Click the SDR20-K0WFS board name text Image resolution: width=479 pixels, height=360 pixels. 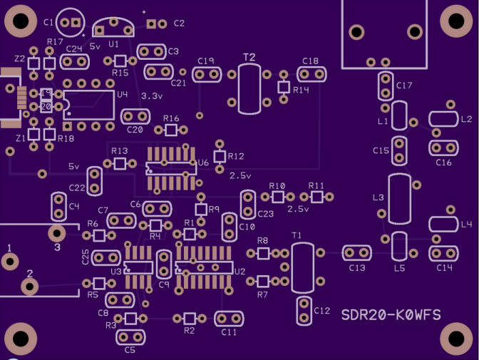tap(390, 315)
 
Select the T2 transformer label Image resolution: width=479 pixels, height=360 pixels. tap(249, 56)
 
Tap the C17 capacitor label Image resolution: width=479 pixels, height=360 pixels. tap(404, 86)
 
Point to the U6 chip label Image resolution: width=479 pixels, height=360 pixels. tap(203, 163)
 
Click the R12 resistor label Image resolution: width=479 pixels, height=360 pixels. tap(236, 156)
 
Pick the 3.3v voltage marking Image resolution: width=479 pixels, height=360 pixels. tap(152, 96)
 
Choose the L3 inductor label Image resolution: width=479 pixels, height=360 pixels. tap(378, 197)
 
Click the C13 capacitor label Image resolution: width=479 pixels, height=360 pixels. tap(356, 268)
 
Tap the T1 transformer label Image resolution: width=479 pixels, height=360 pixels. tap(297, 235)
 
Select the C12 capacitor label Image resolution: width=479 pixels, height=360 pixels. tap(322, 311)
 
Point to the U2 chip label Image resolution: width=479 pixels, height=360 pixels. tap(239, 272)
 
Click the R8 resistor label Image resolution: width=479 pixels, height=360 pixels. tap(262, 241)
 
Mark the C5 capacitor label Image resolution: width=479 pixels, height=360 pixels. tap(130, 350)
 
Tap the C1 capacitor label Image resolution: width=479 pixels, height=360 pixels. tap(48, 22)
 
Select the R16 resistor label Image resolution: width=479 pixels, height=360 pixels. tap(171, 118)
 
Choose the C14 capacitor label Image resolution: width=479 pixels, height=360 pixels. tap(444, 268)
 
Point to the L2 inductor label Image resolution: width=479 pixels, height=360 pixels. tap(467, 119)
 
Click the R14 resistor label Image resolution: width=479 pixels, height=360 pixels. tap(301, 91)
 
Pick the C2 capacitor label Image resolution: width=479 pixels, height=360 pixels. tap(179, 24)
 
